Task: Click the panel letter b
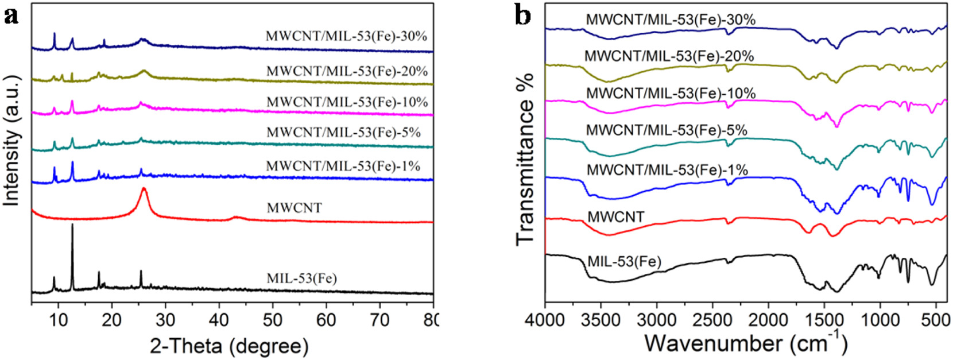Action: point(522,16)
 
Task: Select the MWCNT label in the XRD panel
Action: point(294,208)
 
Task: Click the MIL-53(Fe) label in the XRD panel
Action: point(301,278)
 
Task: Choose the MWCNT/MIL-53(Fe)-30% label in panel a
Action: point(346,36)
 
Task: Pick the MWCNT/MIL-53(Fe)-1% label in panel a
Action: point(343,166)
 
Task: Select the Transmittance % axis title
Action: point(525,158)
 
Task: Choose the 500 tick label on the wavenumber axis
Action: point(936,317)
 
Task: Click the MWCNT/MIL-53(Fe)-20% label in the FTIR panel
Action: point(669,56)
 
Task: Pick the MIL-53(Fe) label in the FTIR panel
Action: point(624,262)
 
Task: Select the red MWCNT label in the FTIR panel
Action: point(615,217)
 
